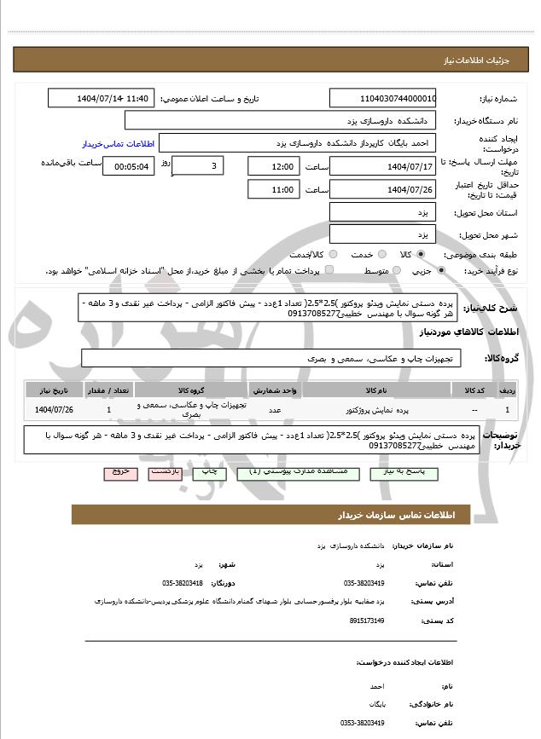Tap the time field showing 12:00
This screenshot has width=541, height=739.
tap(273, 165)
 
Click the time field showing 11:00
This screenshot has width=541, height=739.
tap(273, 188)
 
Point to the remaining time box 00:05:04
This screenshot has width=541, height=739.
tap(128, 166)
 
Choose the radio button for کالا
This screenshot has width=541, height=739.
tap(393, 255)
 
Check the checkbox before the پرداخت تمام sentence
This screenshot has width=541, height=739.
tap(329, 271)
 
